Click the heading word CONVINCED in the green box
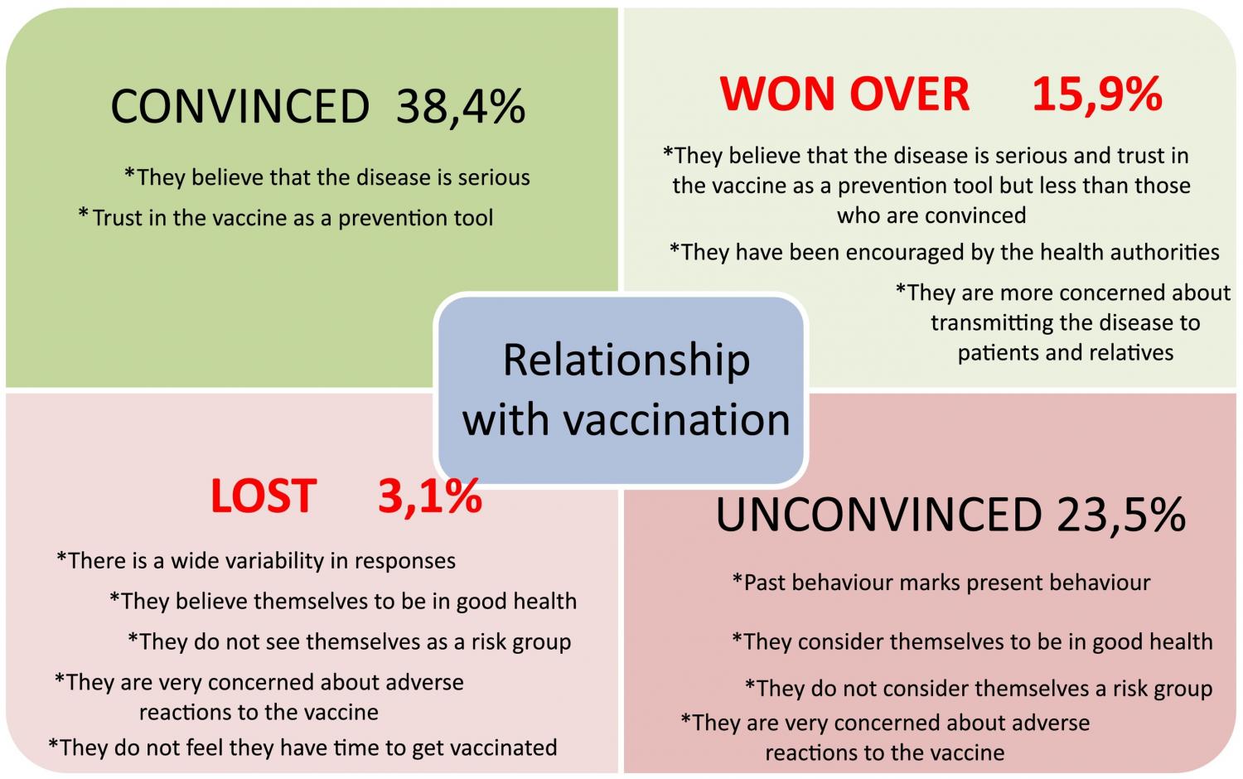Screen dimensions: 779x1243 point(239,107)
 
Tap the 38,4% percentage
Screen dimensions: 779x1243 point(461,107)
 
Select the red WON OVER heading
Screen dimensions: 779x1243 point(844,94)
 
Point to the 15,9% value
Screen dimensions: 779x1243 point(1096,94)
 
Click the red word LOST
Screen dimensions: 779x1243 point(263,496)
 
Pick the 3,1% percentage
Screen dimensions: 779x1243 point(429,496)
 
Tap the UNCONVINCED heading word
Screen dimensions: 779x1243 point(878,515)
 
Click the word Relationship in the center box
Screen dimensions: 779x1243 point(626,360)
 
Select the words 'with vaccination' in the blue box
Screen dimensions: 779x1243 point(626,419)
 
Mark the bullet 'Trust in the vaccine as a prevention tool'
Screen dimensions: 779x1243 point(286,218)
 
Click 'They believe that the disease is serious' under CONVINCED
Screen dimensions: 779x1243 point(327,177)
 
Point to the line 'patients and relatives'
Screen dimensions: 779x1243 point(1066,353)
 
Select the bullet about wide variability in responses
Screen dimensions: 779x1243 point(256,561)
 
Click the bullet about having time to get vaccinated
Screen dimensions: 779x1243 point(302,748)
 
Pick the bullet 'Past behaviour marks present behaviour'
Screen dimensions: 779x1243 point(941,583)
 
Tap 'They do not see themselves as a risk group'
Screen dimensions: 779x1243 point(349,642)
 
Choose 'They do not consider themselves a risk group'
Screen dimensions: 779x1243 point(979,689)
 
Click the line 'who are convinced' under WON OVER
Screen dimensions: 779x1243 point(931,215)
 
